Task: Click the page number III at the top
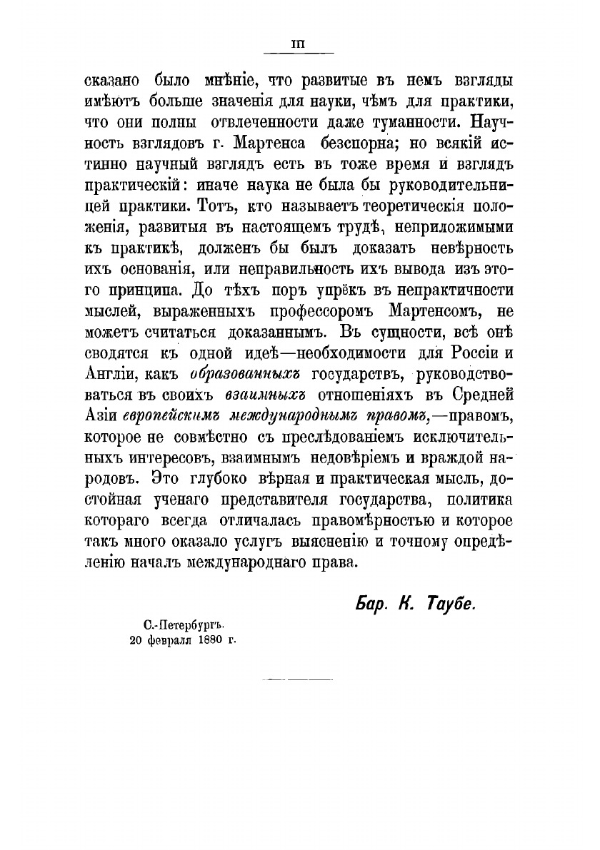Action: (299, 44)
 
